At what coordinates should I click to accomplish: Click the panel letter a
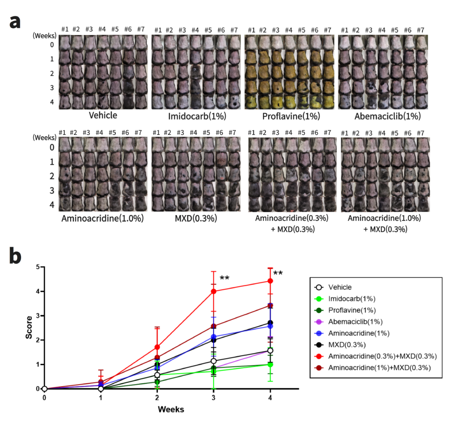pyautogui.click(x=15, y=22)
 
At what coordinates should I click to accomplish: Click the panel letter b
pyautogui.click(x=16, y=256)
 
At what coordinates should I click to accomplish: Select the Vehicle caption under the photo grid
pyautogui.click(x=103, y=115)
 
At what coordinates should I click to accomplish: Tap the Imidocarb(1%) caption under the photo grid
pyautogui.click(x=197, y=116)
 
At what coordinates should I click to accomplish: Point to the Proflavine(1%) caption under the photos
pyautogui.click(x=291, y=116)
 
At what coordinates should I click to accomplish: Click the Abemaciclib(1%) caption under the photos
pyautogui.click(x=388, y=116)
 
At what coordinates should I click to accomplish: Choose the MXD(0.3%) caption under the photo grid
pyautogui.click(x=196, y=218)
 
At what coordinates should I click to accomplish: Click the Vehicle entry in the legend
pyautogui.click(x=340, y=287)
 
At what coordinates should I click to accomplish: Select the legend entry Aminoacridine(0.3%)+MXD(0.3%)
pyautogui.click(x=383, y=356)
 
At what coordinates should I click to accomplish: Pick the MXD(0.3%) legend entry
pyautogui.click(x=347, y=345)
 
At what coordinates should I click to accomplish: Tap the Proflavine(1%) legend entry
pyautogui.click(x=352, y=310)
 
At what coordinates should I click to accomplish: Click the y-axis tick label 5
pyautogui.click(x=38, y=267)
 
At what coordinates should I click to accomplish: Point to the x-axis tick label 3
pyautogui.click(x=214, y=397)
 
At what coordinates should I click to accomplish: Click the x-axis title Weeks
pyautogui.click(x=171, y=410)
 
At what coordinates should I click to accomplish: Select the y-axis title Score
pyautogui.click(x=29, y=327)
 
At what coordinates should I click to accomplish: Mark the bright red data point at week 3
pyautogui.click(x=214, y=291)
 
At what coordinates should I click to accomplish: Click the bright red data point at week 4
pyautogui.click(x=270, y=281)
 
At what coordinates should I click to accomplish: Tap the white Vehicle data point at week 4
pyautogui.click(x=270, y=350)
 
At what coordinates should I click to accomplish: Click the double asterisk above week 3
pyautogui.click(x=225, y=278)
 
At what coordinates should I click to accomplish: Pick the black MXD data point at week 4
pyautogui.click(x=270, y=323)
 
